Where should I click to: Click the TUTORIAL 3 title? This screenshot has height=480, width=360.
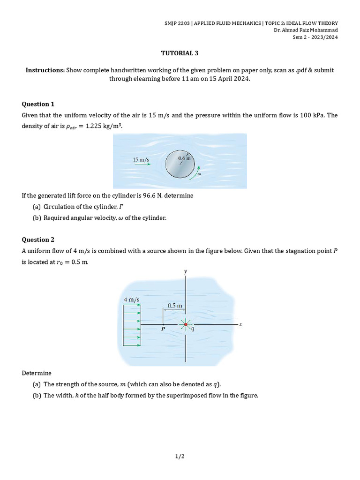point(180,53)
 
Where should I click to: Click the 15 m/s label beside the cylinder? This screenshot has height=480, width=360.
point(141,160)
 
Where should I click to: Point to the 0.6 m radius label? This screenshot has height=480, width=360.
point(185,158)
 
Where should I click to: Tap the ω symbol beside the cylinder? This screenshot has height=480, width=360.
point(199,173)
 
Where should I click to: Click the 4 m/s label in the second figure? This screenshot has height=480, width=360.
point(131,300)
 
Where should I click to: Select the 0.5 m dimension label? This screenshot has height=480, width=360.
point(175,305)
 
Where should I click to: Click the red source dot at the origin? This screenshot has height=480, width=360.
point(186,324)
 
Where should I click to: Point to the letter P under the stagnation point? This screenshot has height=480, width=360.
point(163,330)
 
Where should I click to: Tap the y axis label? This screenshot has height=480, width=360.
point(186,271)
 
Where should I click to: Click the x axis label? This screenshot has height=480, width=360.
point(240,324)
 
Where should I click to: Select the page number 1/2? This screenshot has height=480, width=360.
point(180,456)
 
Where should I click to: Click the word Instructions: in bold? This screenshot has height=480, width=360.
point(45,70)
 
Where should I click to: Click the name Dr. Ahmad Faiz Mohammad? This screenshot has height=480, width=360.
point(306,30)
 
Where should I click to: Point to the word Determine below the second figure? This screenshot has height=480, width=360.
point(37,373)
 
